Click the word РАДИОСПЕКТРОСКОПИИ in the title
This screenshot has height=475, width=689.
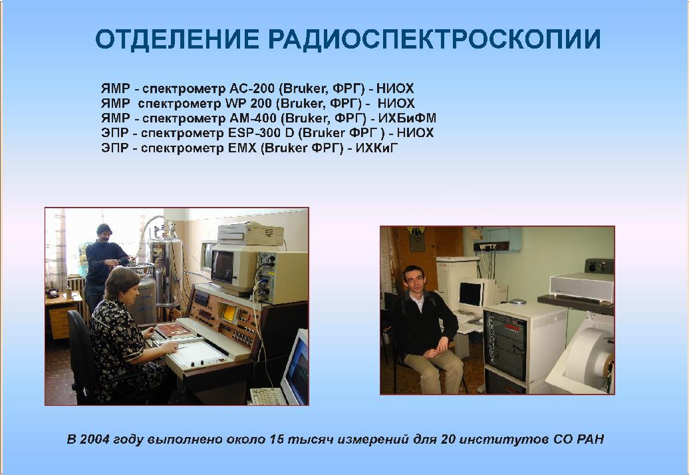pos(434,39)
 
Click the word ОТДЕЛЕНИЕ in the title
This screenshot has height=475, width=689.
pos(177,39)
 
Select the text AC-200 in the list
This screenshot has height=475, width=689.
pos(252,88)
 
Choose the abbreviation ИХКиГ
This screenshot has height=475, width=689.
pos(376,148)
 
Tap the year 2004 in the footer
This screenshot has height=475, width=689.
pos(95,439)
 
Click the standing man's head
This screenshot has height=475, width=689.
pos(104,233)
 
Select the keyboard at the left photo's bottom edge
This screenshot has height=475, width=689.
pos(267,396)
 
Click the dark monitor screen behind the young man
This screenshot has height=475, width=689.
pos(470,294)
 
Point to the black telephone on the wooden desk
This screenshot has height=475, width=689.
pos(53,293)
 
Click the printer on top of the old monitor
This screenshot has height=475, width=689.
pos(250,234)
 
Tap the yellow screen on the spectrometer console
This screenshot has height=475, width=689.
pos(229,313)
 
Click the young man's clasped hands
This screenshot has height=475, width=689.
pos(432,352)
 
